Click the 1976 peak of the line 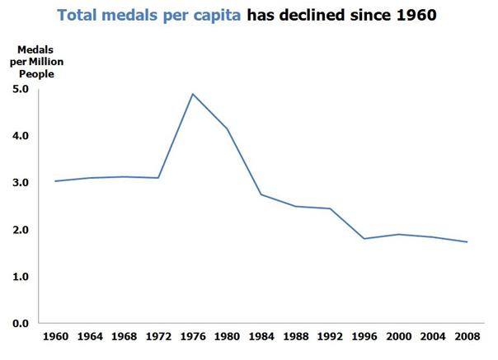193,94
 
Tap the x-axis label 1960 55,338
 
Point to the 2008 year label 467,338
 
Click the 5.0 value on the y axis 22,89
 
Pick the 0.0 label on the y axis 22,323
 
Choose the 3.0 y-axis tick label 22,182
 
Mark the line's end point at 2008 467,242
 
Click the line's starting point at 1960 55,181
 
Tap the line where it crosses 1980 227,129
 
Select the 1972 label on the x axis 158,338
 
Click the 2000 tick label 398,338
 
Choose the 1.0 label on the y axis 22,276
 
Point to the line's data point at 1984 261,194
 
